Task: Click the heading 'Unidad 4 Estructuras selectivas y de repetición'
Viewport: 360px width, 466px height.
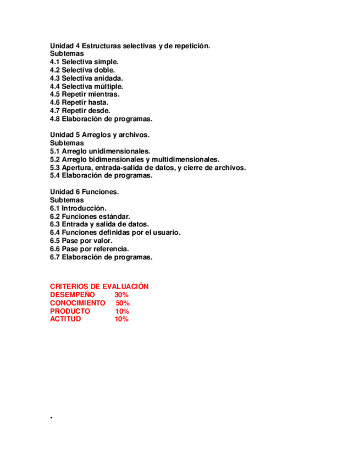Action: pos(130,46)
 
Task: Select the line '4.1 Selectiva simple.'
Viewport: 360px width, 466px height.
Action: pos(84,62)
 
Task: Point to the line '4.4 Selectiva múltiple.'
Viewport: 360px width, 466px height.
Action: pos(86,86)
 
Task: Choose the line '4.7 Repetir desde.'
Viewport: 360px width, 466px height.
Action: pos(80,110)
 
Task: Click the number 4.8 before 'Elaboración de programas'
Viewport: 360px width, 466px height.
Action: pos(55,119)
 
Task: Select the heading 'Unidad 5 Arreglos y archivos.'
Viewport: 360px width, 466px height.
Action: pos(99,135)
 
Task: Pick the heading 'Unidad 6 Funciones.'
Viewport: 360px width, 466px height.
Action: pos(85,192)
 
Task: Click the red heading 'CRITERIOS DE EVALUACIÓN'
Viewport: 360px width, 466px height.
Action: pos(99,287)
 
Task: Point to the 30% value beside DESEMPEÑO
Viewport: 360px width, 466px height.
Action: pos(121,295)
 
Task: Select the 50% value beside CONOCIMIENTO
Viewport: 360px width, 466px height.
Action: pos(123,303)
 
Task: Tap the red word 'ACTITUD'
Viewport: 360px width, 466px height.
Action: pos(65,319)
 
